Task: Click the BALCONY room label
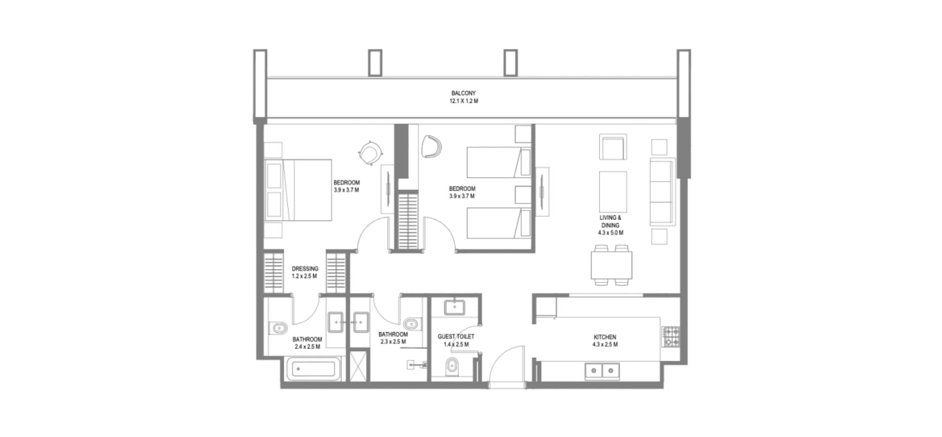click(463, 93)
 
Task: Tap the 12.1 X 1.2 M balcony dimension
click(463, 101)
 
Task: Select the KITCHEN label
click(604, 337)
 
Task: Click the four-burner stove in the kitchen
click(671, 336)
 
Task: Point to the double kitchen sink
click(602, 371)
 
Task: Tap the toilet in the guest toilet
click(452, 366)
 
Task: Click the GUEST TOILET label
click(456, 336)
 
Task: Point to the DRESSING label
click(305, 269)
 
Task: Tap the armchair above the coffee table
click(613, 147)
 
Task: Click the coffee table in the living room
click(613, 191)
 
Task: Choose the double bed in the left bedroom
click(298, 190)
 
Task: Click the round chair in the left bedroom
click(369, 154)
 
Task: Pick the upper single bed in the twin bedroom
click(499, 162)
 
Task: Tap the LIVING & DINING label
click(610, 221)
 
